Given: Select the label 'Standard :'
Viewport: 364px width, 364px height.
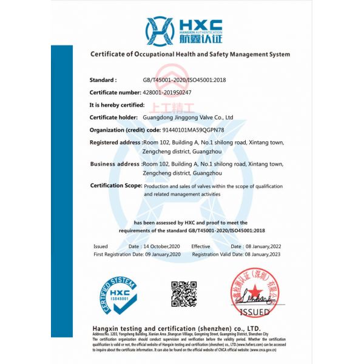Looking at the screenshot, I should pos(103,80).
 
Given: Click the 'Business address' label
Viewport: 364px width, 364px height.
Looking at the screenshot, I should pos(115,164).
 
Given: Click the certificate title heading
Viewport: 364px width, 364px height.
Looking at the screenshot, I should pos(190,54).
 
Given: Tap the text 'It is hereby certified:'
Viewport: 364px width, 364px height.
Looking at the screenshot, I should pos(116,105).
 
